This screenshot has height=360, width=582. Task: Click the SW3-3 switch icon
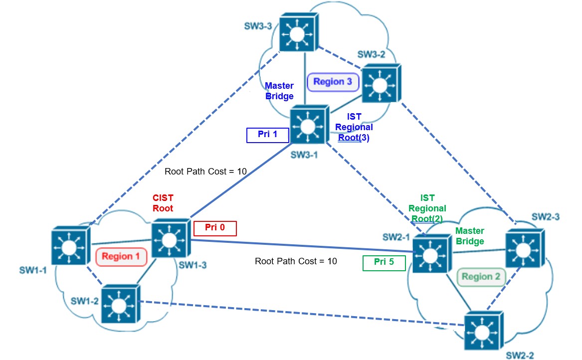[x=298, y=32]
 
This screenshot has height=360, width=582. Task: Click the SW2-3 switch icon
[x=524, y=247]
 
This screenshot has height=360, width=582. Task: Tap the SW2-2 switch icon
[x=484, y=331]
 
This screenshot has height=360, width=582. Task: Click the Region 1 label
[x=122, y=257]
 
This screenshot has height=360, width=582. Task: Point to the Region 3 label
[x=333, y=82]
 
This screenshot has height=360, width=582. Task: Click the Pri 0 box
[x=215, y=228]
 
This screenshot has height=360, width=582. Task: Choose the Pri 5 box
[x=384, y=263]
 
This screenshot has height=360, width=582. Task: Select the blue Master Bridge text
[x=279, y=90]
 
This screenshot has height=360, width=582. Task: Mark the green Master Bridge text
[x=470, y=236]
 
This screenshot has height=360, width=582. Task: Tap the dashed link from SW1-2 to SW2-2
[x=299, y=315]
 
